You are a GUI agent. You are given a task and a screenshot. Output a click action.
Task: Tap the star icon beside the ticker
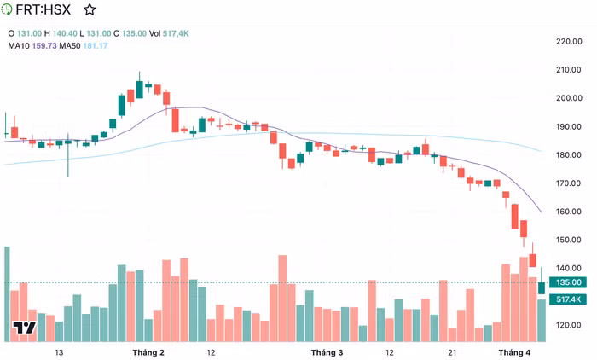click(x=90, y=10)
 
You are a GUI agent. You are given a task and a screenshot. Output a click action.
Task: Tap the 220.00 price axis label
click(x=568, y=41)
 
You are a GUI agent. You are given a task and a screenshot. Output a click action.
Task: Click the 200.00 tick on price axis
click(x=568, y=98)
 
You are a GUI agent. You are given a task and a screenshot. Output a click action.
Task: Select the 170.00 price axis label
click(x=568, y=183)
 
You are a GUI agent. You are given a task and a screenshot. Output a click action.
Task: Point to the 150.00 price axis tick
click(x=568, y=240)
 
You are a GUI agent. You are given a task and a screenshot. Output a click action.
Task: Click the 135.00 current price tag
click(x=568, y=282)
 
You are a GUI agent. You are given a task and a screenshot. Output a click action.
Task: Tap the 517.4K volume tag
click(x=568, y=299)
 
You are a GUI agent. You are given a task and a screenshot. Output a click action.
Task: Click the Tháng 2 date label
click(x=148, y=352)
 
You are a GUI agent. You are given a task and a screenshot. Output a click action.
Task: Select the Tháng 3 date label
click(x=327, y=352)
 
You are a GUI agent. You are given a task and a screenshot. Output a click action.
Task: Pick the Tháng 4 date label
click(x=514, y=352)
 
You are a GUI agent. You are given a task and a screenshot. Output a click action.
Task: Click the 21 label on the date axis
click(x=453, y=352)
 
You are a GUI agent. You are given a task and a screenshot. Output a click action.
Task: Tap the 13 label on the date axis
click(x=59, y=352)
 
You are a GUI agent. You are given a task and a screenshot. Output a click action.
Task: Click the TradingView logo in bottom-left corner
click(x=24, y=328)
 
